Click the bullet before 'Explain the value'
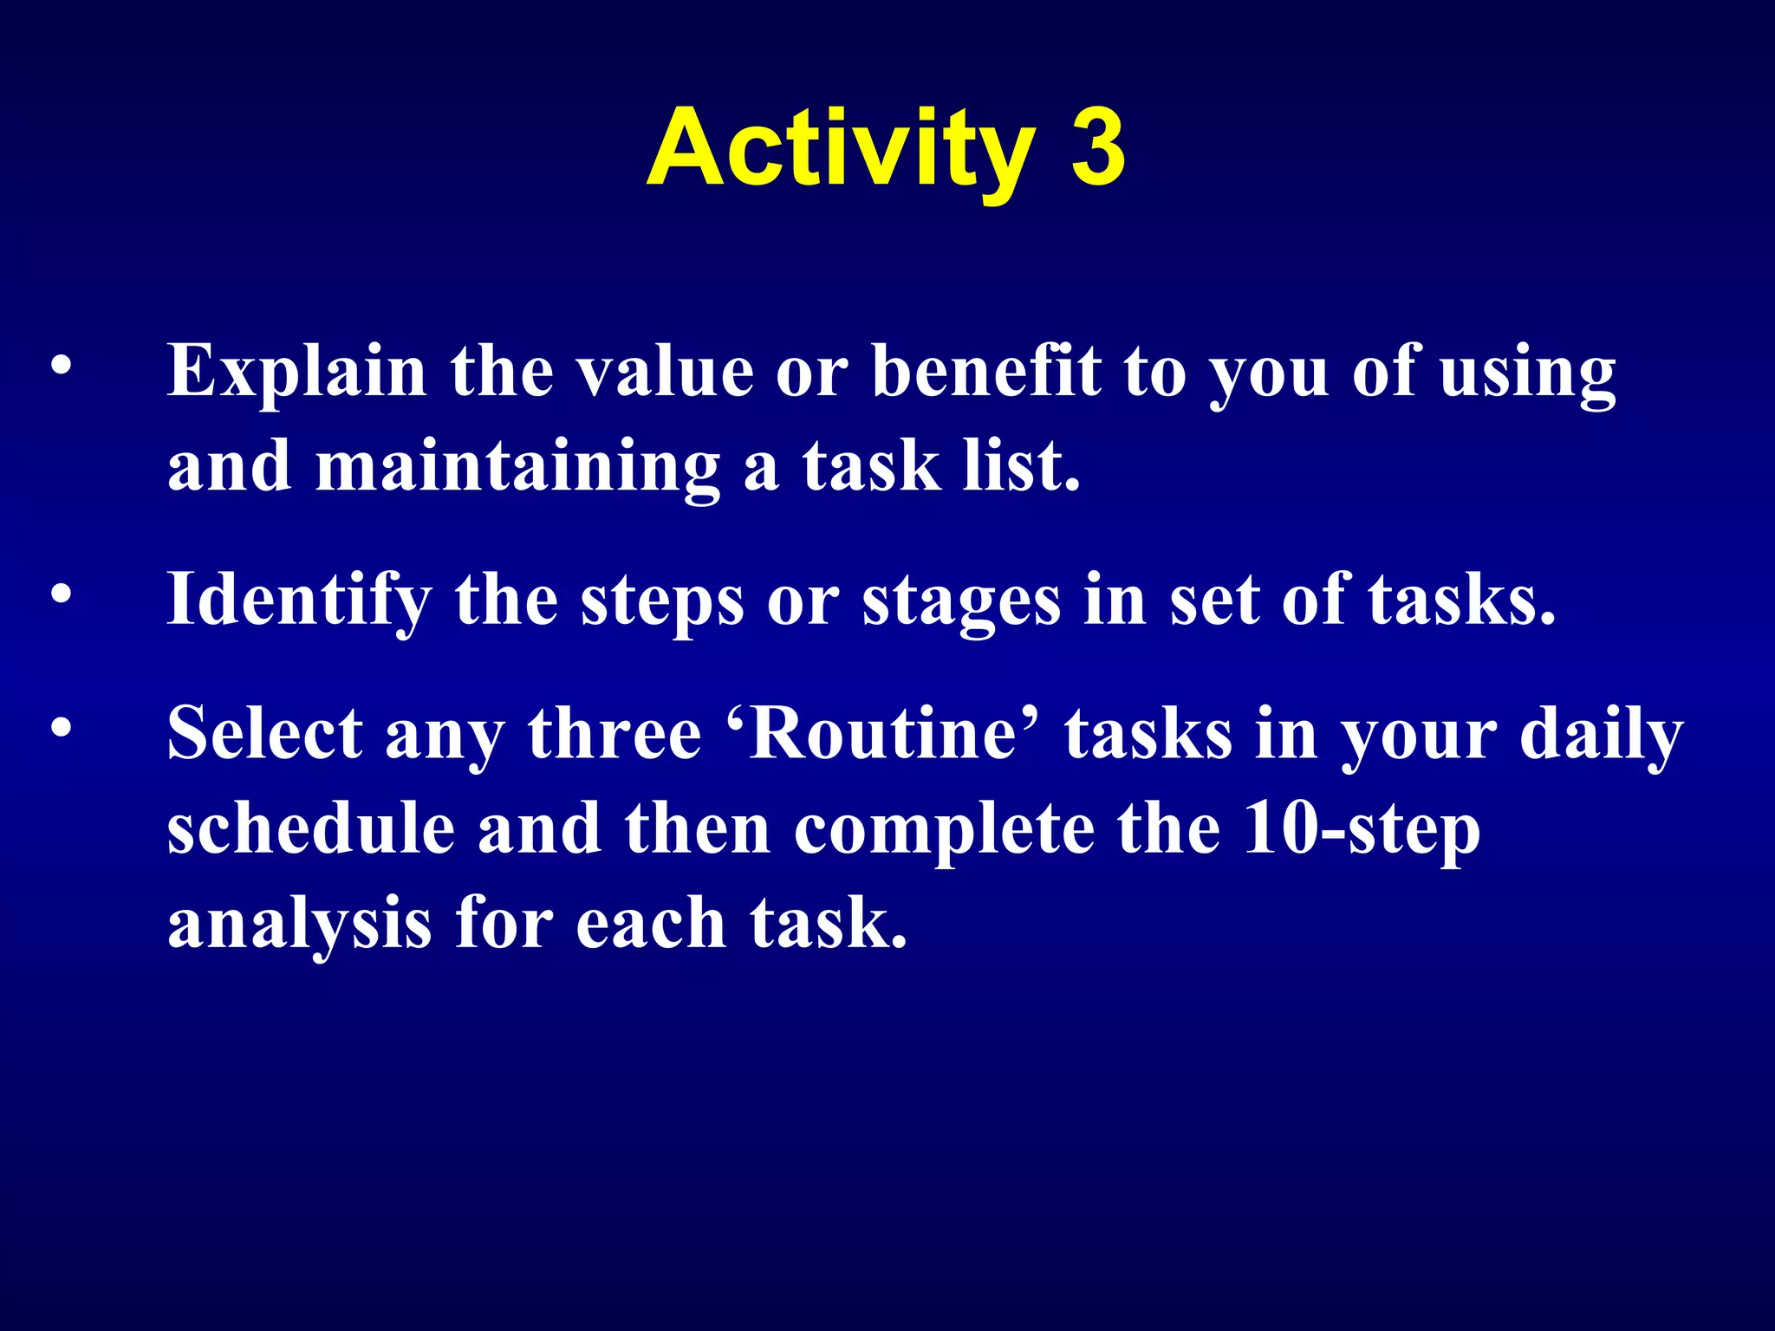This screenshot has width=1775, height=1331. click(x=60, y=365)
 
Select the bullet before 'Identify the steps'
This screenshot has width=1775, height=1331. click(x=60, y=594)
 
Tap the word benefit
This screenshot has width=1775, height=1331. click(x=986, y=371)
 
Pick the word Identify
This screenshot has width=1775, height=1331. click(x=299, y=601)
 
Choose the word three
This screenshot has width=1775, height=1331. click(x=614, y=734)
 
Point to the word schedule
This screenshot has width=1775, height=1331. click(x=311, y=828)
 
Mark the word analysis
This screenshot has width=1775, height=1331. click(x=299, y=924)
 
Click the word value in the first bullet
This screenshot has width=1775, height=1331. click(x=665, y=371)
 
